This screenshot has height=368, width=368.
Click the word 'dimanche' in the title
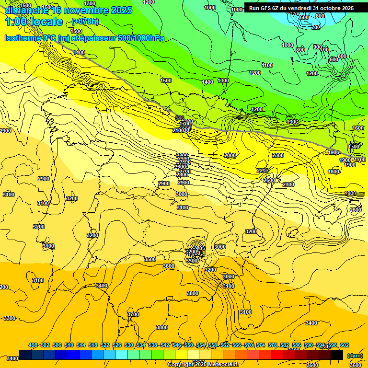point(23,10)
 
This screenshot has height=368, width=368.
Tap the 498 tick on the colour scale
point(33,345)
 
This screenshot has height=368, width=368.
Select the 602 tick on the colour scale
point(344,345)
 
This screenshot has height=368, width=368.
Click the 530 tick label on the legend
point(129,345)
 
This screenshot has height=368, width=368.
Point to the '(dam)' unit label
point(355,356)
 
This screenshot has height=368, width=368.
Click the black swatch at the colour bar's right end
point(337,355)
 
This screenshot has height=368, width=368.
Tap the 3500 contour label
point(150,259)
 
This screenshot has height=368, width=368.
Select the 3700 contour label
point(133,314)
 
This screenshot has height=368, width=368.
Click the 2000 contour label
point(230,155)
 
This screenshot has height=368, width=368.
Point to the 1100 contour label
point(267,65)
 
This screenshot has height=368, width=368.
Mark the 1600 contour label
point(358,128)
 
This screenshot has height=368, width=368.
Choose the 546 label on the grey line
point(180,118)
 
